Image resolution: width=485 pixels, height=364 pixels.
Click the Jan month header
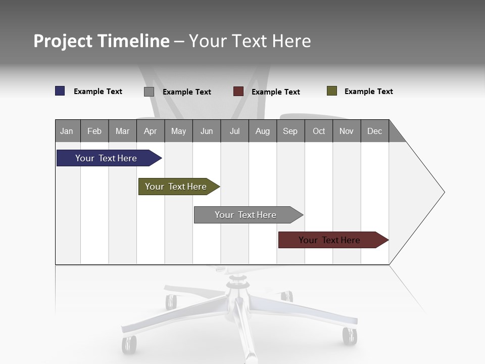(67, 131)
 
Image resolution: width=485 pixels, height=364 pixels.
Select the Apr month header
(150, 131)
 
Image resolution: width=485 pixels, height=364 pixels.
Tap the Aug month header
(262, 131)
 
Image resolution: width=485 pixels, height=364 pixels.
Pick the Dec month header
(374, 131)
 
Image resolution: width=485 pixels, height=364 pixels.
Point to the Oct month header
(318, 131)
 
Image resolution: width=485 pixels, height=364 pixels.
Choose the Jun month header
(206, 131)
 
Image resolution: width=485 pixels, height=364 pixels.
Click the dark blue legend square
(60, 91)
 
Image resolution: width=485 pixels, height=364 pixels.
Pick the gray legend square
(149, 92)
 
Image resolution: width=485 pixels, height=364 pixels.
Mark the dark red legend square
(238, 92)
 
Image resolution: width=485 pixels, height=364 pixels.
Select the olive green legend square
(332, 91)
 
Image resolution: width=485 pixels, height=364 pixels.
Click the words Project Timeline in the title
(101, 41)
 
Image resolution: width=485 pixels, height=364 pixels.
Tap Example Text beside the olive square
(368, 92)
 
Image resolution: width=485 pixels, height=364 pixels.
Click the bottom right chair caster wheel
(349, 336)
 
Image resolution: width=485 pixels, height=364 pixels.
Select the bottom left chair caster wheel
(129, 344)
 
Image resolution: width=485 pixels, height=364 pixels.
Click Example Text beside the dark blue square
(98, 92)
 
